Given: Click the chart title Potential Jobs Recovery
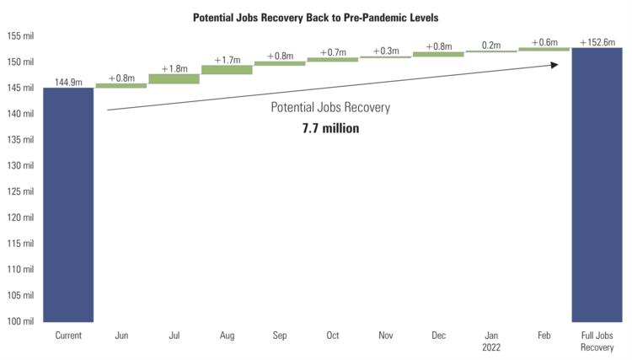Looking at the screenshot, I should (316, 17).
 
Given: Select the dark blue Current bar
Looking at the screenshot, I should (68, 204).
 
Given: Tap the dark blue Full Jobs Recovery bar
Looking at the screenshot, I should (597, 185).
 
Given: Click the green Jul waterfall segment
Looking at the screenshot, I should (174, 78).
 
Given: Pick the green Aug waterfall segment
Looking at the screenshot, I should (227, 70).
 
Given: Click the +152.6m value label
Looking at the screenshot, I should (597, 42).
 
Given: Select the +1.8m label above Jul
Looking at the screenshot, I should (174, 68).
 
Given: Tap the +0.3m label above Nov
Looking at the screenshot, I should (385, 51).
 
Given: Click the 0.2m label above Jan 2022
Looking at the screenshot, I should (491, 46).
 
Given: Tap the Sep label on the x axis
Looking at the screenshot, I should (280, 336).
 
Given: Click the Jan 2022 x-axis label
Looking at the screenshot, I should (491, 341).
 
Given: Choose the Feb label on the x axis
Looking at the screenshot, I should (544, 336).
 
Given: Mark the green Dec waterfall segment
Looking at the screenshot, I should (438, 54).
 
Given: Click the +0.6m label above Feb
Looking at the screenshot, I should (544, 43).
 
